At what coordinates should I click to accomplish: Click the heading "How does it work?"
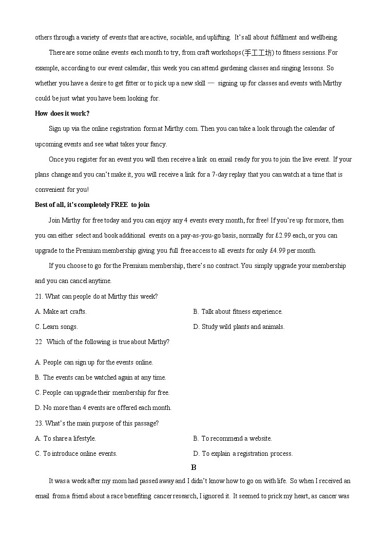(62, 113)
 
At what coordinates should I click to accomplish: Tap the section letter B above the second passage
(193, 467)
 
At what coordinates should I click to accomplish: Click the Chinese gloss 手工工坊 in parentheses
(258, 53)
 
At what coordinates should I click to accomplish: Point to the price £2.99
(284, 235)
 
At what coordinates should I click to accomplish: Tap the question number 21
(39, 296)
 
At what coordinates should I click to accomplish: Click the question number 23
(39, 423)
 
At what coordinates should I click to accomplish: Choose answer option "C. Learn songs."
(57, 326)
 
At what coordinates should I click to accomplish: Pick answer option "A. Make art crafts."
(61, 311)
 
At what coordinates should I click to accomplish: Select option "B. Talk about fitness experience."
(238, 311)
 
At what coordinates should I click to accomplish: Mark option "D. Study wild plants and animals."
(239, 326)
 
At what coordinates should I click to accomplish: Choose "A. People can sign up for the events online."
(94, 362)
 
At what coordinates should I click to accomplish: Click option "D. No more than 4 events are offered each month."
(103, 407)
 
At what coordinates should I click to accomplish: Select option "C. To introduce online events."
(77, 453)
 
